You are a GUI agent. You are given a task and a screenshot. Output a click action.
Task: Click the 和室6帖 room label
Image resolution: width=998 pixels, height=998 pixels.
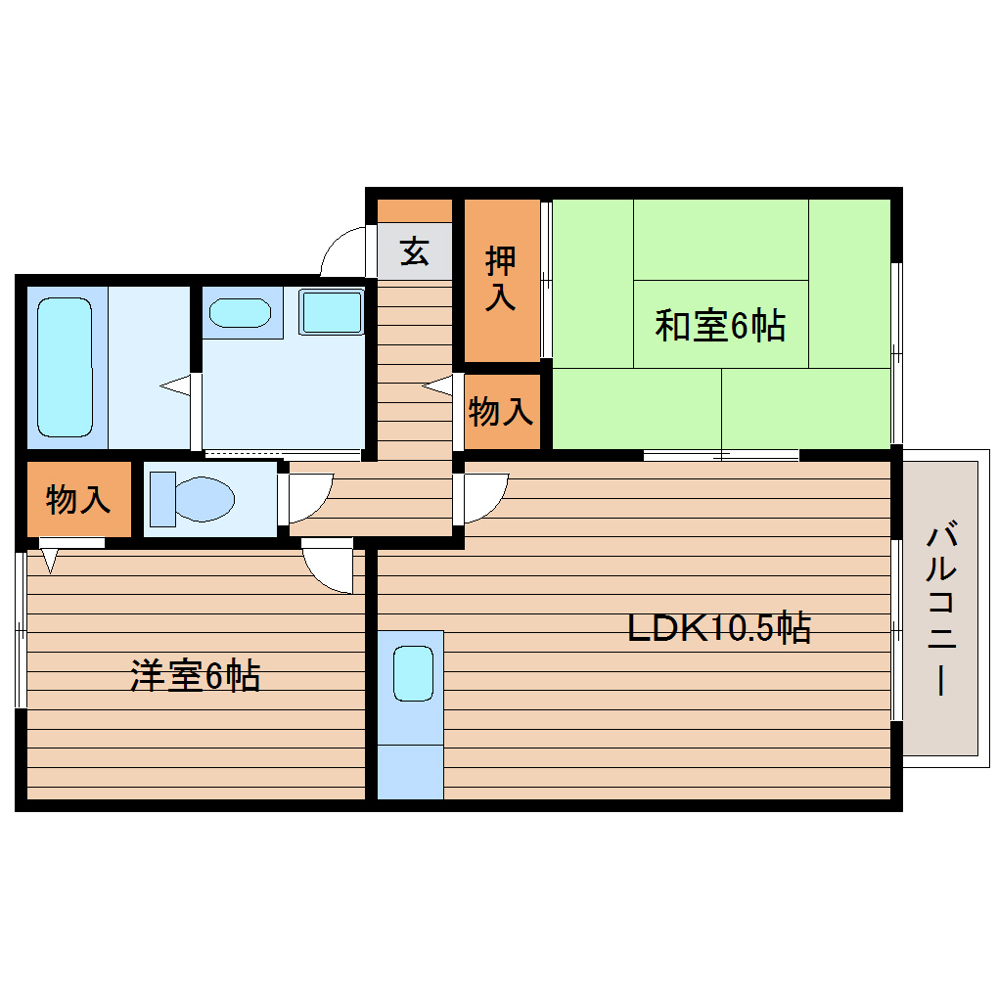[x=719, y=326]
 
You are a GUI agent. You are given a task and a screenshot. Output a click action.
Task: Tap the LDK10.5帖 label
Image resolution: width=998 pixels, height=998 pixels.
[x=718, y=627]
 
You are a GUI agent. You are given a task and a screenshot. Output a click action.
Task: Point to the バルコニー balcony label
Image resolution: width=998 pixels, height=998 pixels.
[x=940, y=610]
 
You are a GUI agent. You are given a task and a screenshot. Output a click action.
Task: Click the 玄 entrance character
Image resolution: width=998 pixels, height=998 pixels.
[x=414, y=252]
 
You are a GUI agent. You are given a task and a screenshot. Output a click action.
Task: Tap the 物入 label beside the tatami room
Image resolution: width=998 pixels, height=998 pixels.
[x=500, y=412]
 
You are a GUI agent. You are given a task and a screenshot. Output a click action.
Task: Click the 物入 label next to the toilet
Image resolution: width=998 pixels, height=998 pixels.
[x=78, y=500]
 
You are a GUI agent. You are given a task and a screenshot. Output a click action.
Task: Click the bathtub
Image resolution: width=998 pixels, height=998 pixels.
[x=65, y=366]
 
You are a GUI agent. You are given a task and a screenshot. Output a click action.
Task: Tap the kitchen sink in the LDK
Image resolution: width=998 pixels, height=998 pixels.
[x=412, y=673]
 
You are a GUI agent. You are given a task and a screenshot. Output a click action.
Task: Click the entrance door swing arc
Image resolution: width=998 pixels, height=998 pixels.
[x=344, y=250]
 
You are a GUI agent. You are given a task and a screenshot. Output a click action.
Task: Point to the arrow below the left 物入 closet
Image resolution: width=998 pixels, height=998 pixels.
[x=49, y=560]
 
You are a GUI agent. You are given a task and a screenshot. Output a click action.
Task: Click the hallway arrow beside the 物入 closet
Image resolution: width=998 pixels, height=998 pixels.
[x=437, y=386]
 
